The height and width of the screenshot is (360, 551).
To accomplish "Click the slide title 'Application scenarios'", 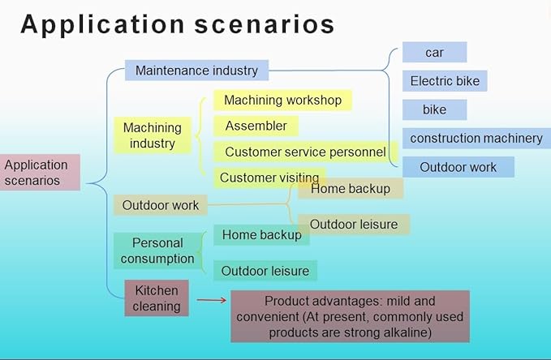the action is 178,25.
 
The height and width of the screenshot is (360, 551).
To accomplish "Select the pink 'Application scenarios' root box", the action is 40,173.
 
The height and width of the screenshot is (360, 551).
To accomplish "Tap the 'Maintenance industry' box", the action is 196,71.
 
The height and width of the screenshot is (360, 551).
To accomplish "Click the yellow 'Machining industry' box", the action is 153,135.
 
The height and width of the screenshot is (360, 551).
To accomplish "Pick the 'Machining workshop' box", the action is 282,100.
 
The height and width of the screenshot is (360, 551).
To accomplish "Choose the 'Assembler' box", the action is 256,126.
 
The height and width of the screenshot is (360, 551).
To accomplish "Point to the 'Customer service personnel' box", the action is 306,152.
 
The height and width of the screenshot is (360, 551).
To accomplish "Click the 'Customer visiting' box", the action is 269,178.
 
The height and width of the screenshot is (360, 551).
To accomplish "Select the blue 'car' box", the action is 435,53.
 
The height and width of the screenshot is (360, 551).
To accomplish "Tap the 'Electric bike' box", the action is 445,81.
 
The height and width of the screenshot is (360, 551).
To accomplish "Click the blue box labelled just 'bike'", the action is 435,109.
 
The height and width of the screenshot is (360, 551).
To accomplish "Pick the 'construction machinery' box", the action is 476,138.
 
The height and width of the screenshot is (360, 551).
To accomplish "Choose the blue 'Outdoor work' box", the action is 458,167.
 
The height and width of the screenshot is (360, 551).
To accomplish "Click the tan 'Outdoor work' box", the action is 161,205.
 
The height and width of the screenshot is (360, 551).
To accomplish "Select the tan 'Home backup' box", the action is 351,189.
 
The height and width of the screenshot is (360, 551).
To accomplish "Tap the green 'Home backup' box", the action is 261,234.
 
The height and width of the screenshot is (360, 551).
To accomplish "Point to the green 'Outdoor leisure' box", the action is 265,271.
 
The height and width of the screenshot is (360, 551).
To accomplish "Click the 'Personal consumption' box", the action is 157,251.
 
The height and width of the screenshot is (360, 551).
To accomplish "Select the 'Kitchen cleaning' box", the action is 157,298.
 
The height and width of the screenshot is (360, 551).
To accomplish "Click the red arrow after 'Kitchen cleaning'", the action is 212,300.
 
